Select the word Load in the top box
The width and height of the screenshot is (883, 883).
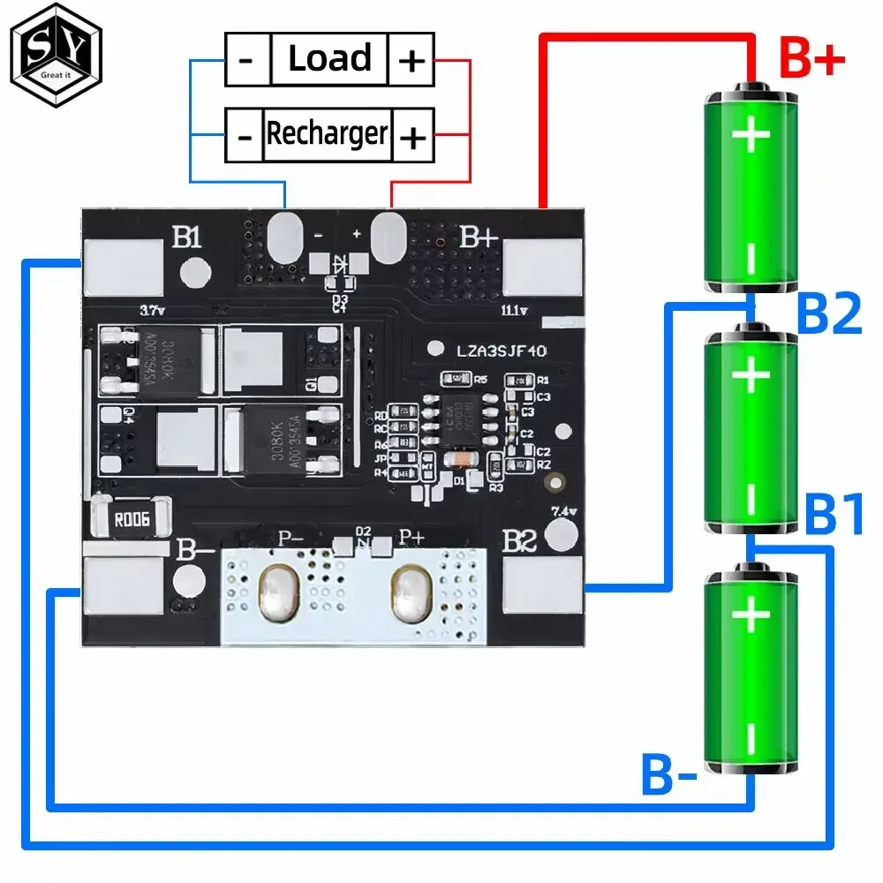pos(328,59)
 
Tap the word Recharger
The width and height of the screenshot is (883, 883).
pos(327,134)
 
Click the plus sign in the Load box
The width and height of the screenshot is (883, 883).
pos(411,61)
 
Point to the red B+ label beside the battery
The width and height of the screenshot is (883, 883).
pos(811,61)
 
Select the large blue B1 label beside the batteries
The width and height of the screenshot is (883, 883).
pos(834,517)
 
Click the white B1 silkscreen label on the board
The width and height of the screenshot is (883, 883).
pos(187,238)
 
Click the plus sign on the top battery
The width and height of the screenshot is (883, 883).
pos(750,137)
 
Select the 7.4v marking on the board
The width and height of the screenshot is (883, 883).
pos(563,511)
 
